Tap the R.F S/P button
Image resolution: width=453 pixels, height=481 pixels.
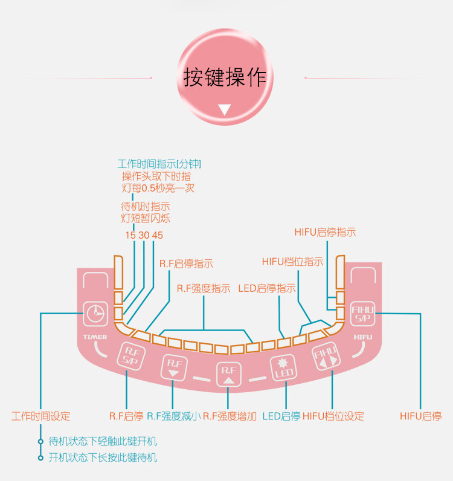(129, 355)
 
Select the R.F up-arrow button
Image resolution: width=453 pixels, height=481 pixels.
(228, 374)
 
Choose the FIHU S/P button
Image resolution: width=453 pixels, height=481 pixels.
(363, 313)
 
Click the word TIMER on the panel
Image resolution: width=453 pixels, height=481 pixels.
(95, 337)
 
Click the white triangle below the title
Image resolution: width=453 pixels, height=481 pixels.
(225, 110)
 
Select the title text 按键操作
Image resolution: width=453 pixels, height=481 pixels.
(225, 77)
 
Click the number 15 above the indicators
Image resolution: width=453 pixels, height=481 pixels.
(130, 235)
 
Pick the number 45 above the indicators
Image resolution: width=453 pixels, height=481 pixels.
(158, 235)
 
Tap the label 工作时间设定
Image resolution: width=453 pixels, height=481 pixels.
(41, 416)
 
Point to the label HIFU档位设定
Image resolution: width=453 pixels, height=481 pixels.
(333, 416)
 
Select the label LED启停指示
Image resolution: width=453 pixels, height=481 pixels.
(268, 289)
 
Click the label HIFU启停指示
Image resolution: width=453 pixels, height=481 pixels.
(325, 232)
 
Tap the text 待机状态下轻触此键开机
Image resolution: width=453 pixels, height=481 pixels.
(103, 442)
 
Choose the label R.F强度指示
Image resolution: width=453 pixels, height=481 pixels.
(204, 289)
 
